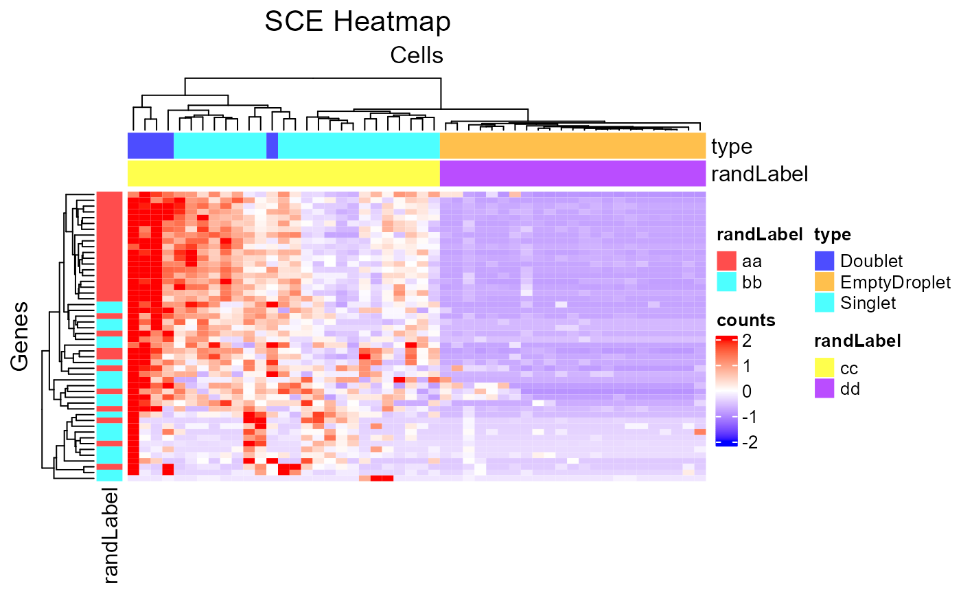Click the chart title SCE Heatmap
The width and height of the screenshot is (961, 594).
[358, 22]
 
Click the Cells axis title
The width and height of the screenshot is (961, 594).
[417, 55]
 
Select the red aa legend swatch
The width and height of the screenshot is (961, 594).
[726, 261]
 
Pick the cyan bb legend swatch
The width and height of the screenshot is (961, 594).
[726, 282]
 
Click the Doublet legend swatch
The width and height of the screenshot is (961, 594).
[824, 261]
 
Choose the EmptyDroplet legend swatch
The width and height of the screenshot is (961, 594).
[824, 282]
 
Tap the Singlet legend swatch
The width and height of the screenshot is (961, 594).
[824, 302]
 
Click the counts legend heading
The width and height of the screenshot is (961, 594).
[745, 320]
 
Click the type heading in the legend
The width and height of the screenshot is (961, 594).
[833, 235]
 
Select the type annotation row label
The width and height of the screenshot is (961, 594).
[732, 146]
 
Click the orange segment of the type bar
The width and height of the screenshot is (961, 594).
[572, 146]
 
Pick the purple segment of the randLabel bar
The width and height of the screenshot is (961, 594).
[572, 173]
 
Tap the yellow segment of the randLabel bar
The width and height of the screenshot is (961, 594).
[283, 173]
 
